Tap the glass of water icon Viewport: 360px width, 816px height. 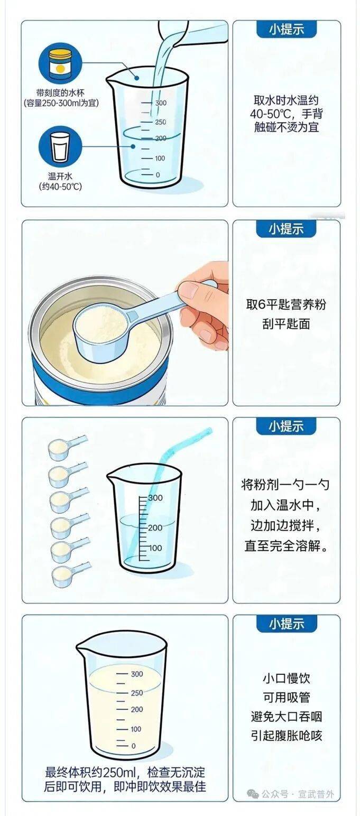coord(60,147)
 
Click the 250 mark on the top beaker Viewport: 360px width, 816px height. coord(160,122)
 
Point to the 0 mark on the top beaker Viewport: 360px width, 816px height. coord(158,175)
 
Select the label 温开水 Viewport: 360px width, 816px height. coord(60,177)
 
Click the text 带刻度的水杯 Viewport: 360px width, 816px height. coord(60,93)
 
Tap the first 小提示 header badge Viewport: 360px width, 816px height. coord(287,29)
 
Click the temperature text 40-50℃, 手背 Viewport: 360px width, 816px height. coord(286,114)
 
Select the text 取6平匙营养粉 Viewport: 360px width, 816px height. coord(286,304)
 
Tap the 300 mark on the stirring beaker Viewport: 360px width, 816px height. coord(155,498)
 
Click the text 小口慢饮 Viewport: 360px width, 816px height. coord(286,678)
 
